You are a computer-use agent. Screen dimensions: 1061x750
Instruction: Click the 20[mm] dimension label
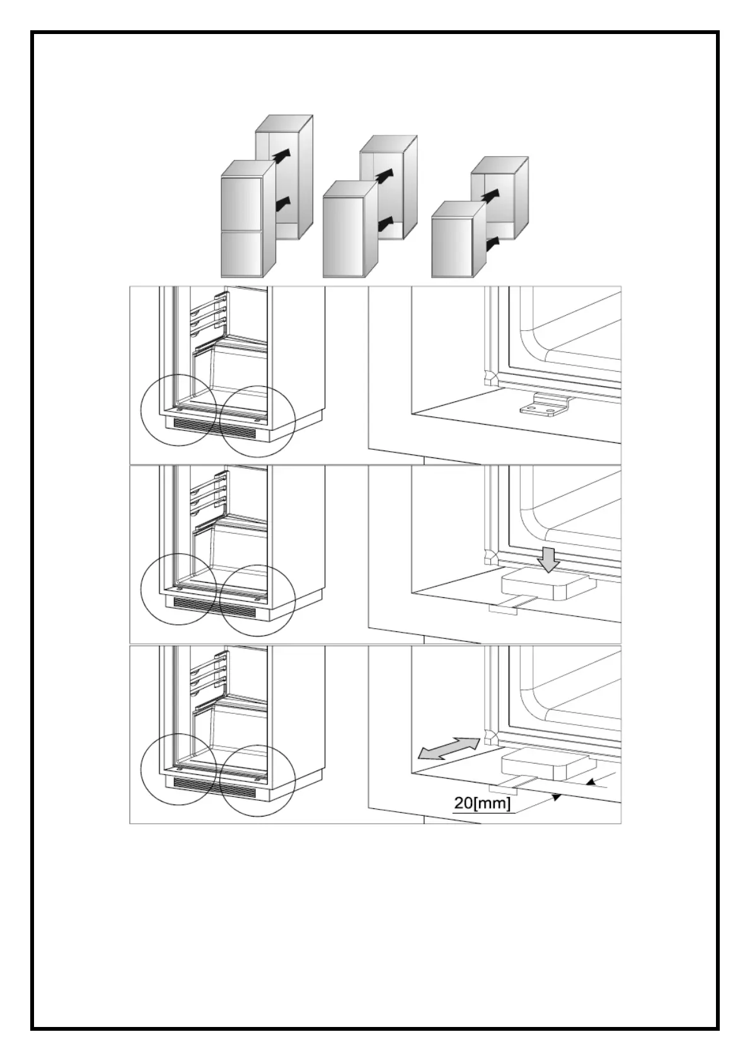482,803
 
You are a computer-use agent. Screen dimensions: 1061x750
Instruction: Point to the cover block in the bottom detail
548,764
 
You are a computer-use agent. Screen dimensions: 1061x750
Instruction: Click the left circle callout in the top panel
179,410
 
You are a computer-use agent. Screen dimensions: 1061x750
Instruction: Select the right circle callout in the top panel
258,421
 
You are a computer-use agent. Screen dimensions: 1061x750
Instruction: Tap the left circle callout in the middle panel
179,589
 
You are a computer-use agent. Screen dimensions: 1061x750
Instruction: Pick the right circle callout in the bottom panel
258,780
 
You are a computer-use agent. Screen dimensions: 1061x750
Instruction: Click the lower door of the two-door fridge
241,253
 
